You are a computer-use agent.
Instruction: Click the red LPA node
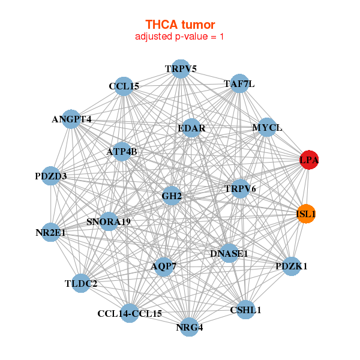coord(309,160)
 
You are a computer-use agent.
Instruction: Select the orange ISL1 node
coord(306,214)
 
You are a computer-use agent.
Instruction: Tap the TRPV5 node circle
coord(181,69)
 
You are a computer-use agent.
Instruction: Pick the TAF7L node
coord(239,85)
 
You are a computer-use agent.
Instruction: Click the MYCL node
coord(266,128)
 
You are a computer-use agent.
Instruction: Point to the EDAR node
coord(191,128)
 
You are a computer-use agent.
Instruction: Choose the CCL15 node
coord(124,86)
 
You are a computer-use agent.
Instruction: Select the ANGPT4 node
coord(71,119)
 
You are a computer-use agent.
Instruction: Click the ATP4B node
coord(122,152)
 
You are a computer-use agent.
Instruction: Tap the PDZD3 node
coord(51,176)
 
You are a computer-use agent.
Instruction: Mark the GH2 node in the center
coord(172,196)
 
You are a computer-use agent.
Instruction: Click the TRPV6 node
coord(240,189)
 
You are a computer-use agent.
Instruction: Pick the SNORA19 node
coord(109,222)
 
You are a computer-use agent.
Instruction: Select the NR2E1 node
coord(50,232)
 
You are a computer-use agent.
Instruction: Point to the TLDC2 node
coord(81,283)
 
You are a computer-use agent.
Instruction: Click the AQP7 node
coord(164,266)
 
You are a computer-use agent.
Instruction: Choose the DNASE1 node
coord(229,254)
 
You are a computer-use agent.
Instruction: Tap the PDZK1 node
coord(291,266)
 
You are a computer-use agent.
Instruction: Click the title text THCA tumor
coord(180,25)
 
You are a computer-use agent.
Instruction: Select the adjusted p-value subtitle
coord(180,37)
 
